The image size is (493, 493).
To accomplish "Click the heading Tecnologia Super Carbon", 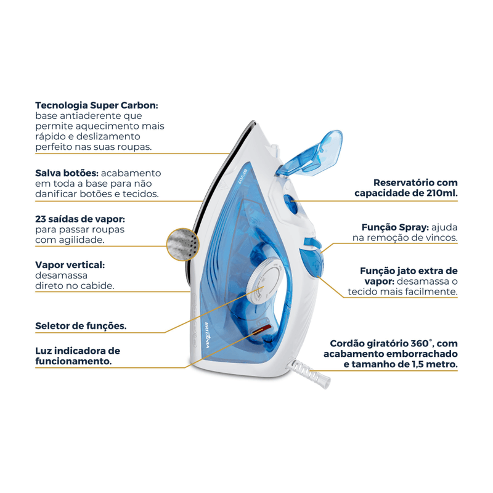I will pos(97,105).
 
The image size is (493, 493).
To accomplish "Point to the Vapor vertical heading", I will pos(70,264).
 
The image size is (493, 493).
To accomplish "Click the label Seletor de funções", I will pos(81,325).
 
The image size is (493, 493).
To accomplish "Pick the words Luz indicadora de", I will pos(78,351).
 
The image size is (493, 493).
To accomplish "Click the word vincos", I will pos(440,237).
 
